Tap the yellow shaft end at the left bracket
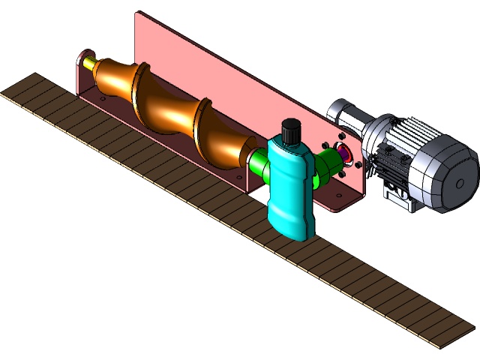point(90,64)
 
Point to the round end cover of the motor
point(457,180)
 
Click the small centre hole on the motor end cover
point(460,182)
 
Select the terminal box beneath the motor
point(397,199)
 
